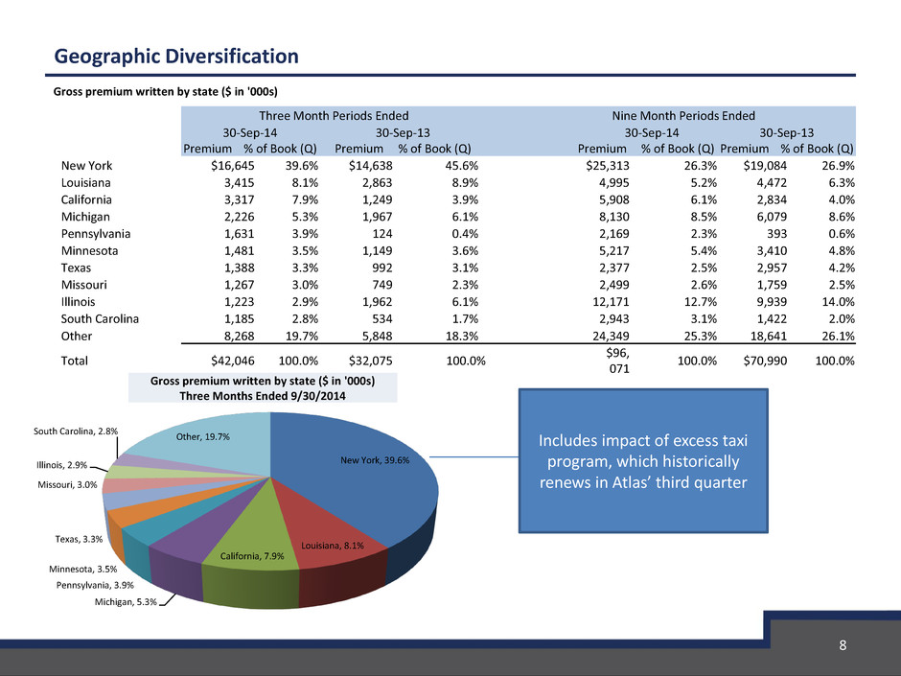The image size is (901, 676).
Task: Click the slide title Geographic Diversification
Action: [176, 57]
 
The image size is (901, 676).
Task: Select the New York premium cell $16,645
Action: [233, 166]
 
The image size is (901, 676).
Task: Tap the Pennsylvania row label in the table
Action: [96, 234]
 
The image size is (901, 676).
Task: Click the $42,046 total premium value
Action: [233, 361]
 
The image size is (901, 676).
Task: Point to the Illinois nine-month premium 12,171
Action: [611, 302]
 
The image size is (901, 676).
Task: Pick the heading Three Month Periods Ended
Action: [334, 115]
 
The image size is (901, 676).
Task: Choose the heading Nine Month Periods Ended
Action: [683, 115]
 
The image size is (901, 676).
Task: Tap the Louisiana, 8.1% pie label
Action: [333, 546]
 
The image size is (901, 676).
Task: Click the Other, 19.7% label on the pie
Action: [203, 437]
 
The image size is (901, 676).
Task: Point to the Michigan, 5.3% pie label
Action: [126, 602]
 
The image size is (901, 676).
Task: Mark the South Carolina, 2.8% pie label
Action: [76, 431]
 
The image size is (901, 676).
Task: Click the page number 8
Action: [843, 645]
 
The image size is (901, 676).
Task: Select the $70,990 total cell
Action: [765, 361]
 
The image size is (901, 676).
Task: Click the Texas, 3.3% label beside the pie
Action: [79, 539]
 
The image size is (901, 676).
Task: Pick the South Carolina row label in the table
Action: [100, 319]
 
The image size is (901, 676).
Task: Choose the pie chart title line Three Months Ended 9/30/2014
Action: [263, 396]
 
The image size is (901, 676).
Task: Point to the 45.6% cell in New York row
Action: [462, 166]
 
